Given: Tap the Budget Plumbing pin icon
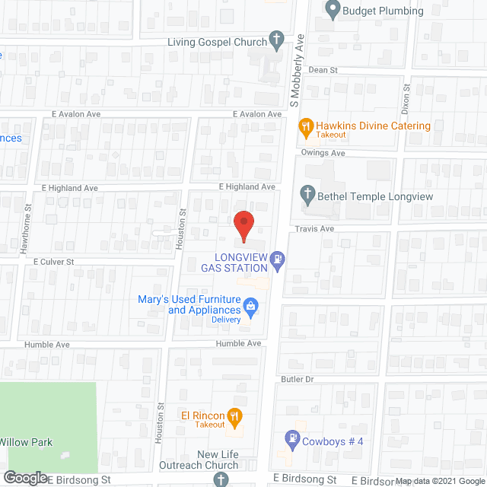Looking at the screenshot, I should coord(332,11).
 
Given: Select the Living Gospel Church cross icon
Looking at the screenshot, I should coord(277,42).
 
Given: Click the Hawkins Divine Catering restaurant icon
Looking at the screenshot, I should coord(306,126).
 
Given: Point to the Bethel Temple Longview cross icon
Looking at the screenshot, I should coord(308,196).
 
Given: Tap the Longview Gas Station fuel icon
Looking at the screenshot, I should coord(279,262).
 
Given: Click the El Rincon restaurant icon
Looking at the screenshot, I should coord(235,415).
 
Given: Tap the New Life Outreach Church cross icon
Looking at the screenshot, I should coord(221,479).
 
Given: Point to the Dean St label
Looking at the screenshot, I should coord(323,69).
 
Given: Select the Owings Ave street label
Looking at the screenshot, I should coord(323,153).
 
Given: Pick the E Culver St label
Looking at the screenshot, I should coord(53,261).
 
